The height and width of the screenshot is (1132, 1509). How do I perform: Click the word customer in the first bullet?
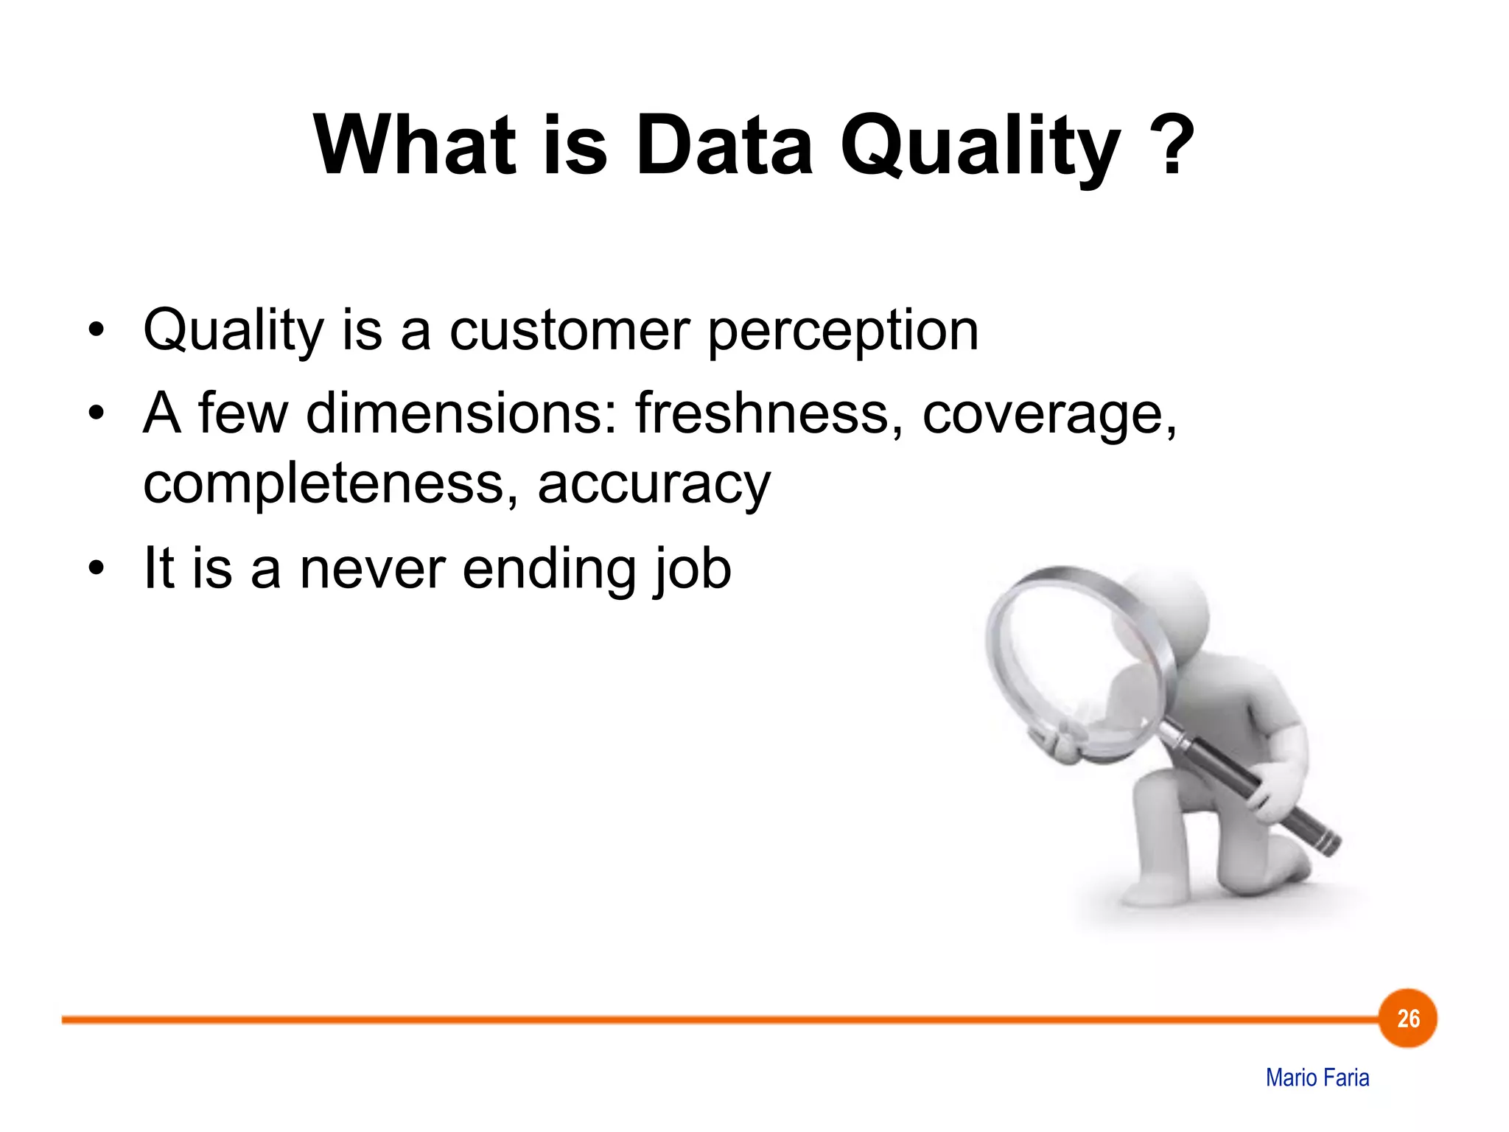click(x=569, y=330)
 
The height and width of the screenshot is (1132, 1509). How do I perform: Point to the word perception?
click(x=842, y=332)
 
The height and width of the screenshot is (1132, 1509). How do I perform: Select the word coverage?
click(x=1049, y=415)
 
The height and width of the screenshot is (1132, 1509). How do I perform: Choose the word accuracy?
click(x=654, y=486)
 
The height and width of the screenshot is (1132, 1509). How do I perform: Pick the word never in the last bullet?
click(x=372, y=569)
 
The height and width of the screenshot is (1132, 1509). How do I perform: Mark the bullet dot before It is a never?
click(x=96, y=569)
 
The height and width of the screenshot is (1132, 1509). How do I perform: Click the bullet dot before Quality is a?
click(x=96, y=331)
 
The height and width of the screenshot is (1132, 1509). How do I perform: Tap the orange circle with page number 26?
click(x=1407, y=1019)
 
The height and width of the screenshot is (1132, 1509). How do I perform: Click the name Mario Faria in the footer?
click(x=1317, y=1077)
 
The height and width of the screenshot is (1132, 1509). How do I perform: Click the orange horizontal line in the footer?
click(x=663, y=1020)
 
